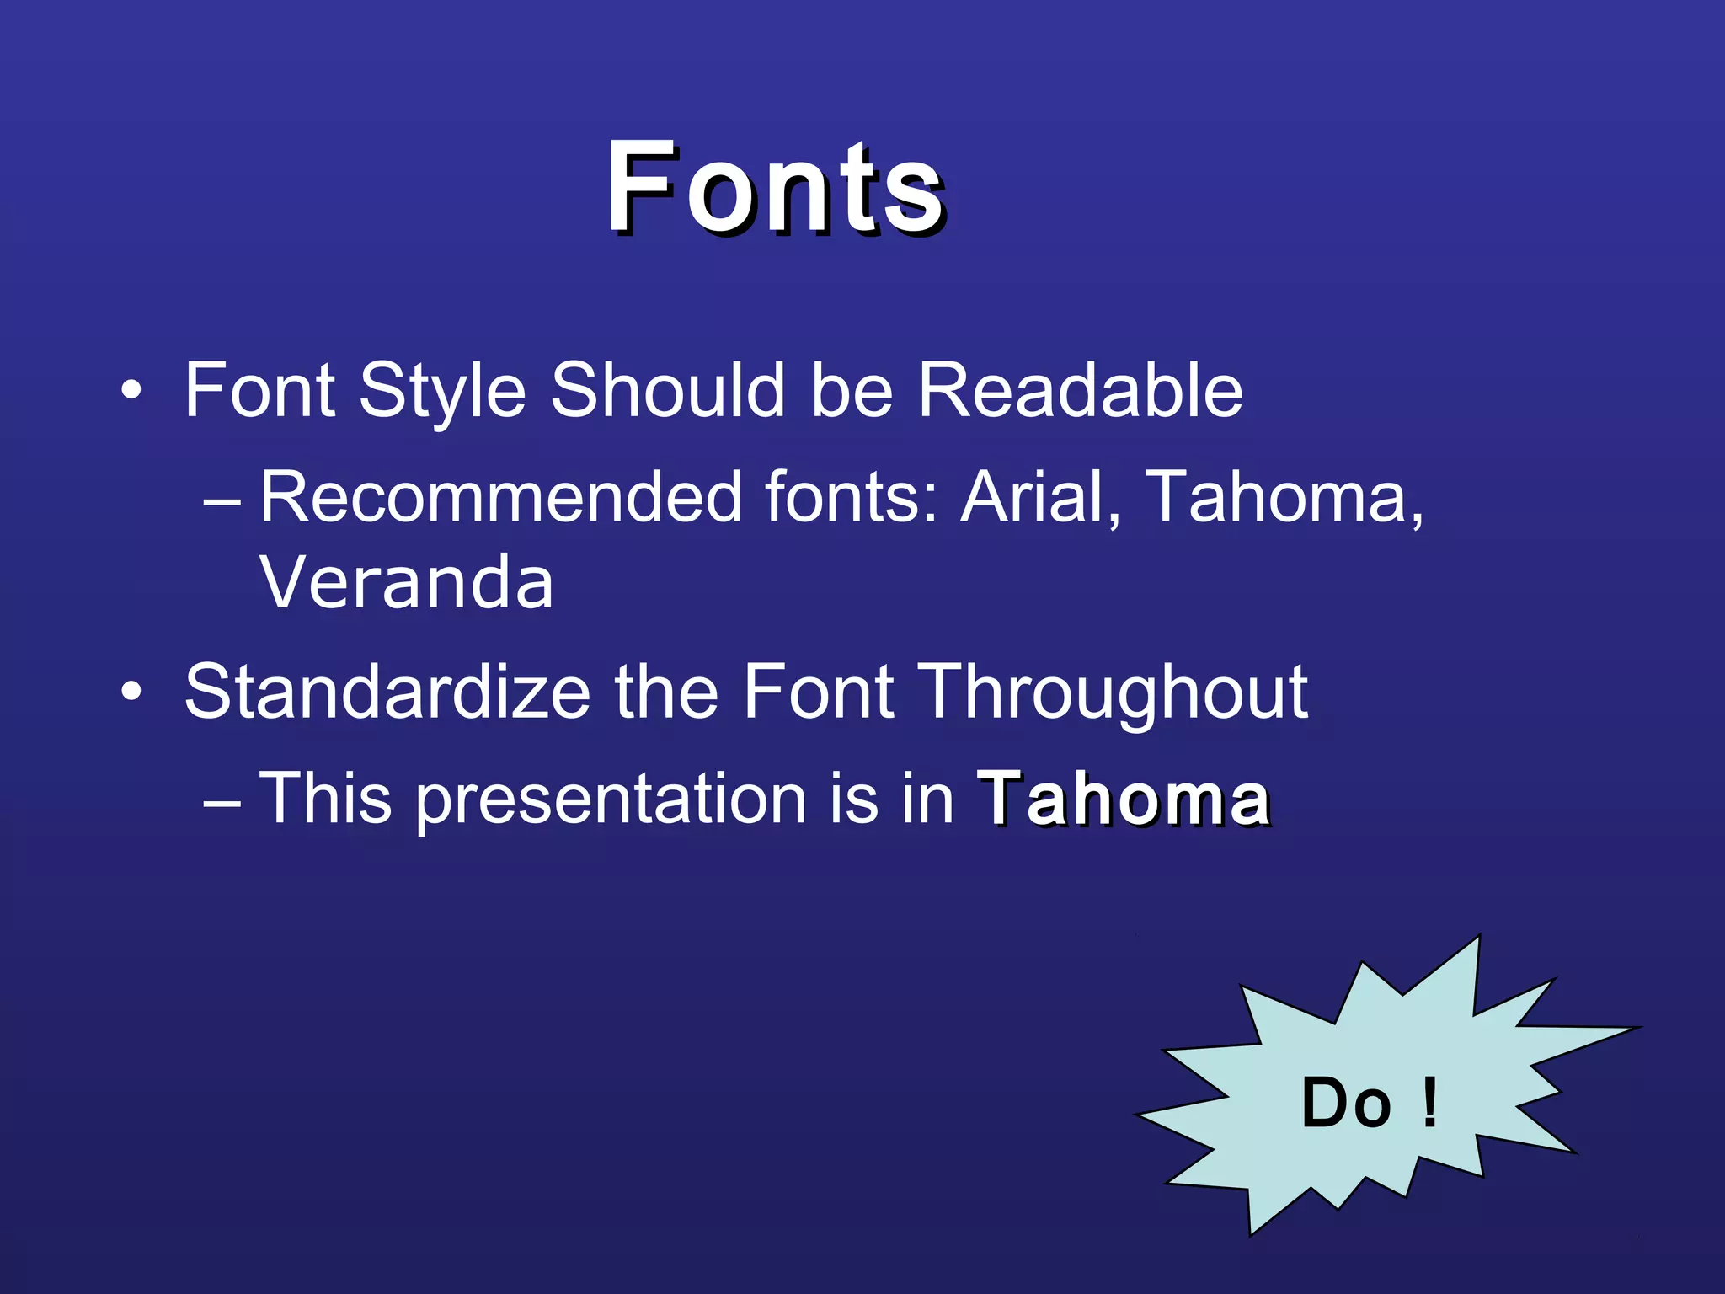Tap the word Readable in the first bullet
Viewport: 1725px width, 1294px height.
coord(1080,389)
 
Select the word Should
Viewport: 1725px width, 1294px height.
coord(667,389)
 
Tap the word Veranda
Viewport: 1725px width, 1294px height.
coord(406,583)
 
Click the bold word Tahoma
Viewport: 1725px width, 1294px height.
coord(1124,799)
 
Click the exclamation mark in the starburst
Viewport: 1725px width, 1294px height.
coord(1429,1104)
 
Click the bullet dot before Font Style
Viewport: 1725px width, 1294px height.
coord(131,391)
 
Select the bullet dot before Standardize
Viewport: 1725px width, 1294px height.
coord(131,692)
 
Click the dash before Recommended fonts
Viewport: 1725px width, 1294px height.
coord(222,500)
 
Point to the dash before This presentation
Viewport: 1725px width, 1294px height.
coord(222,802)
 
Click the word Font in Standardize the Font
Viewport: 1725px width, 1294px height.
coord(817,692)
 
